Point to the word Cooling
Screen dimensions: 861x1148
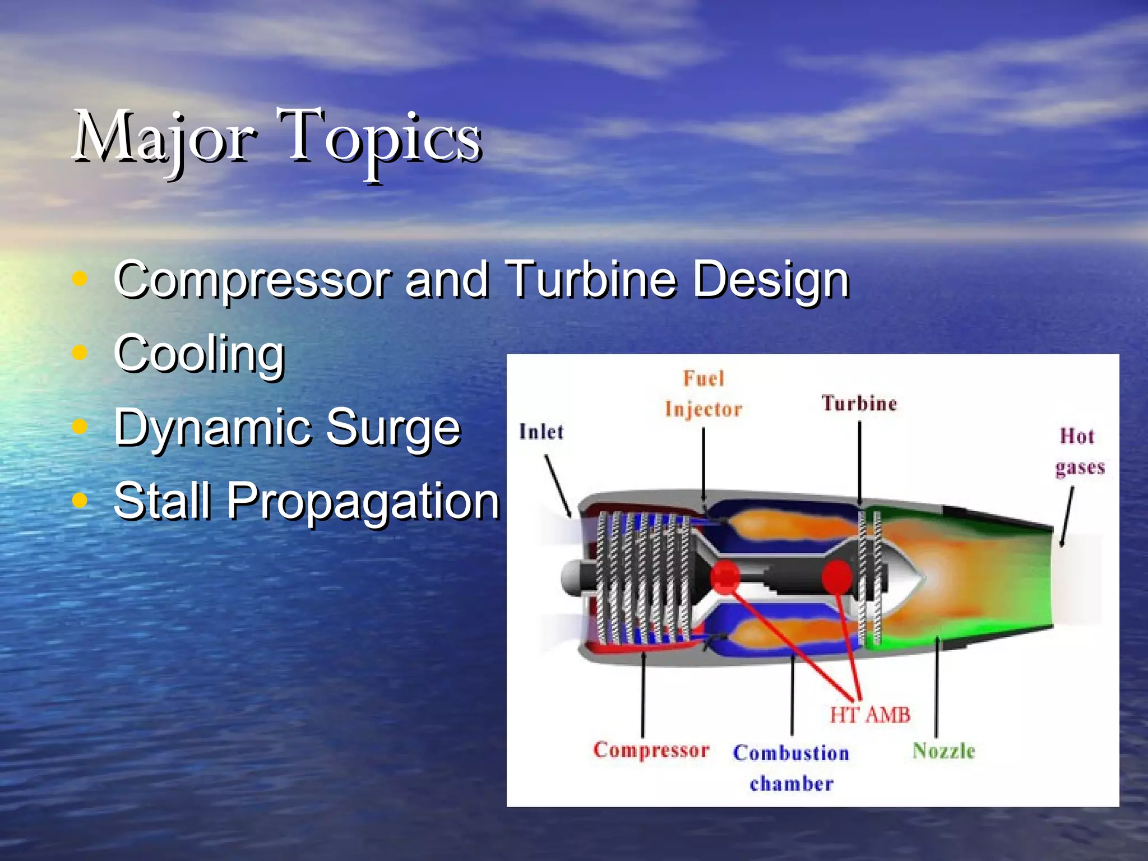pyautogui.click(x=199, y=354)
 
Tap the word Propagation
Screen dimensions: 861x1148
pyautogui.click(x=362, y=502)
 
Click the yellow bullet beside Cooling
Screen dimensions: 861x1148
pyautogui.click(x=80, y=353)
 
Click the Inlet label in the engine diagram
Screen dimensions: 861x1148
pyautogui.click(x=541, y=432)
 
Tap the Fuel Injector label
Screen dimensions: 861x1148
pyautogui.click(x=703, y=394)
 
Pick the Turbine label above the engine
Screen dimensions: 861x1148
pyautogui.click(x=859, y=404)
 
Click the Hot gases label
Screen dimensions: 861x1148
pyautogui.click(x=1078, y=451)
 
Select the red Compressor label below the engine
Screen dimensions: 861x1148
pyautogui.click(x=651, y=750)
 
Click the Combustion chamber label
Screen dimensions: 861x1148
pyautogui.click(x=791, y=767)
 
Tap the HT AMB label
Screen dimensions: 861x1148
pyautogui.click(x=869, y=715)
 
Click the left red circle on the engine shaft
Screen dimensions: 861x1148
pyautogui.click(x=725, y=577)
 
